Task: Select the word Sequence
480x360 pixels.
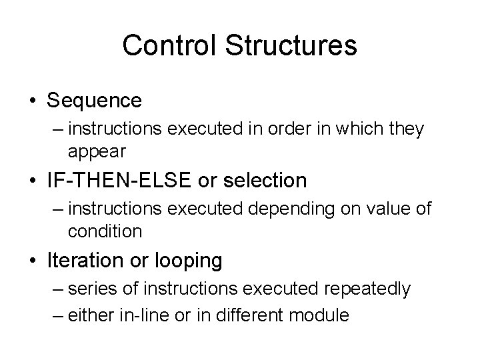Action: tap(94, 101)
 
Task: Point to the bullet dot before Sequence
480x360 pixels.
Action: tap(32, 101)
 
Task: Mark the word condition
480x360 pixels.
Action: tap(105, 231)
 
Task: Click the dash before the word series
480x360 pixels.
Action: tap(57, 289)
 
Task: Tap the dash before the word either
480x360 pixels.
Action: tap(57, 314)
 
